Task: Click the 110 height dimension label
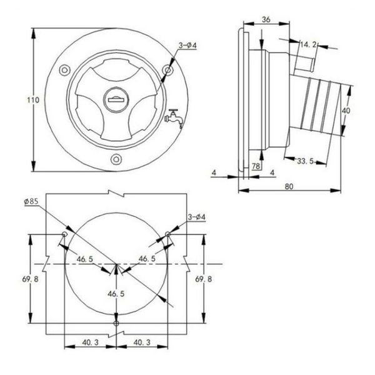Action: point(33,100)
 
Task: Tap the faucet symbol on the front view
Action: point(174,118)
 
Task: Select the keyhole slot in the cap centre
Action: point(116,99)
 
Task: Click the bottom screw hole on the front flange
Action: point(116,159)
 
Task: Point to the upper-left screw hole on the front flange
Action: point(64,70)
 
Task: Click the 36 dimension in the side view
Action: point(266,19)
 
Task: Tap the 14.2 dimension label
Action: point(309,44)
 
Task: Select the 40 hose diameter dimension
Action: point(346,111)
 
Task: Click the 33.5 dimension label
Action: point(305,161)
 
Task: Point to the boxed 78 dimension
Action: point(256,166)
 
